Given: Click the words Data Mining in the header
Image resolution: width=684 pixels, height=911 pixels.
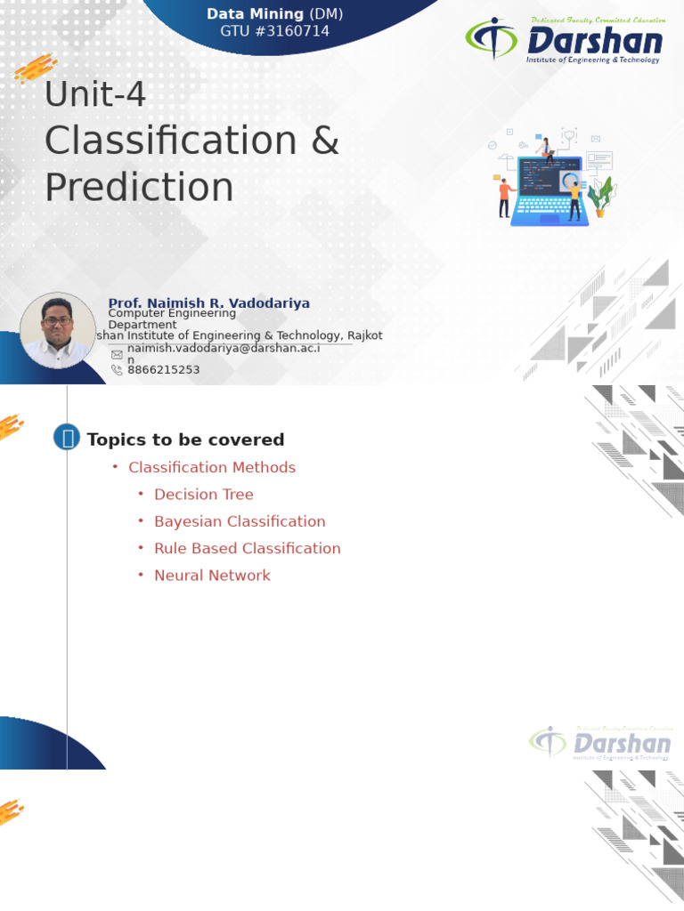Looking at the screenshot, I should click(x=255, y=14).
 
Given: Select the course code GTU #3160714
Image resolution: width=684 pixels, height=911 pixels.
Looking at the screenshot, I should click(x=274, y=31).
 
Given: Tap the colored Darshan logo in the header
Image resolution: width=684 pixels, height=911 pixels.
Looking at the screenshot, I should click(x=564, y=40).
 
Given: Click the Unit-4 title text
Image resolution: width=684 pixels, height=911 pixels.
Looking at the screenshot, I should click(x=95, y=94).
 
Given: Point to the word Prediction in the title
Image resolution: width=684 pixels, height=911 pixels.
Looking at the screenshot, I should click(x=139, y=187).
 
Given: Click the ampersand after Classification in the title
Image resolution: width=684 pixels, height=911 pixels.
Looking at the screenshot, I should click(x=325, y=141).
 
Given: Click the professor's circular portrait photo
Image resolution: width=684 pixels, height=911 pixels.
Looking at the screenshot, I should click(x=58, y=330).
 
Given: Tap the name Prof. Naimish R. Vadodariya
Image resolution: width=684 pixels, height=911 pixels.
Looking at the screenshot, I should click(x=209, y=303).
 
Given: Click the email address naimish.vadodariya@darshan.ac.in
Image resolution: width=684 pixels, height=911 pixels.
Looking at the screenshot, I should click(x=223, y=349).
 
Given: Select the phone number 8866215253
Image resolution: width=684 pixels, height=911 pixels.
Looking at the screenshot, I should click(x=164, y=369).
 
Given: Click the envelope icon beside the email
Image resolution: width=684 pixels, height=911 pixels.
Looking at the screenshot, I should click(x=117, y=354).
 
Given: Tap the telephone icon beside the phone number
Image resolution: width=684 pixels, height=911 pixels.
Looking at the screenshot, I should click(x=117, y=370).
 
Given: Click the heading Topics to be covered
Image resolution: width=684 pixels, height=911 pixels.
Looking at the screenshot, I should click(x=185, y=439).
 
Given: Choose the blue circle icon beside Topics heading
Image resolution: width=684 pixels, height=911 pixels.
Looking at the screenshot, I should click(x=67, y=437).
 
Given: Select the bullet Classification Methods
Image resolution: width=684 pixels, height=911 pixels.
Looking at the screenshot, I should click(x=212, y=467).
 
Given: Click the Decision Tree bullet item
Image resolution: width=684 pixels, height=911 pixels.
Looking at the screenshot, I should click(x=204, y=495).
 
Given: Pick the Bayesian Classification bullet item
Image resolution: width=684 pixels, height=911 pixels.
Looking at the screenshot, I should click(x=240, y=521).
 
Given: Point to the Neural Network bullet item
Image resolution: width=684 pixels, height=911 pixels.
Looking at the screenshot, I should click(x=212, y=576).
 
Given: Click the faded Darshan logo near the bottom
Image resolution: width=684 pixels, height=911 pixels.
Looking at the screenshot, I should click(x=600, y=744).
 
